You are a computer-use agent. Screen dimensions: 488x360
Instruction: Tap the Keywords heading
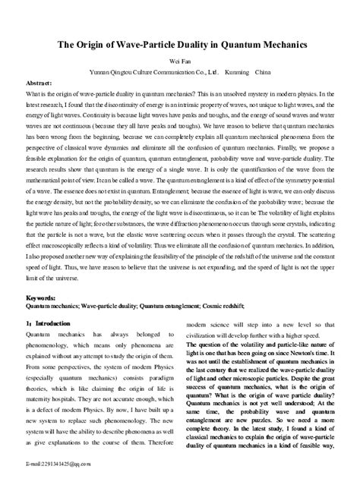tap(41, 298)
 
